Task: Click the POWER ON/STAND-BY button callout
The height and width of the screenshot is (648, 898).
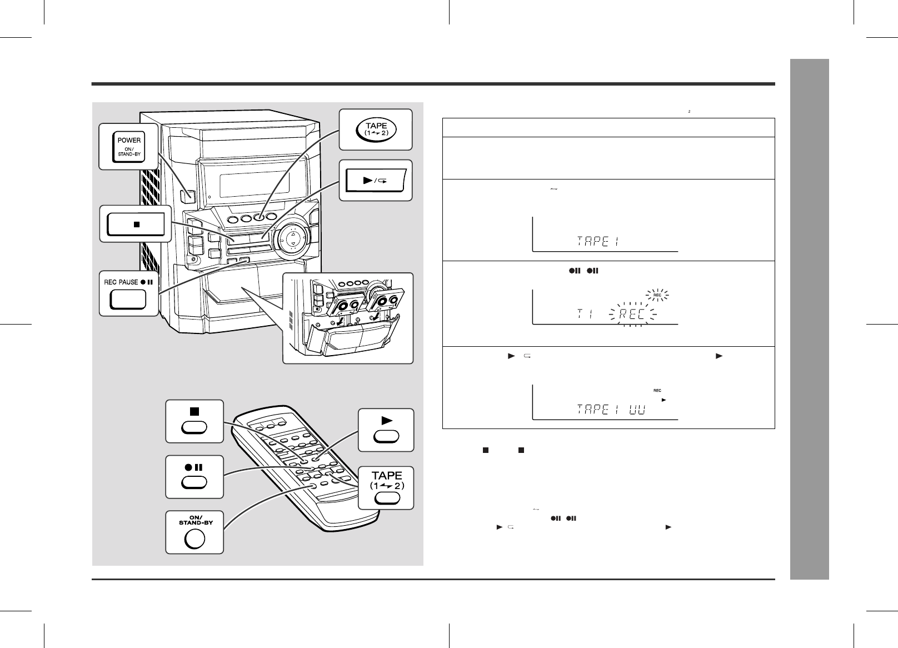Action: pyautogui.click(x=129, y=147)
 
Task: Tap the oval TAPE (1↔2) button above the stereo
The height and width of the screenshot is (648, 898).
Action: pyautogui.click(x=376, y=129)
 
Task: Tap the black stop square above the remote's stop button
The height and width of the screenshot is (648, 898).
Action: pyautogui.click(x=194, y=412)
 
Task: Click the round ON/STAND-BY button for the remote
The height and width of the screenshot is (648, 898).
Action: pyautogui.click(x=194, y=539)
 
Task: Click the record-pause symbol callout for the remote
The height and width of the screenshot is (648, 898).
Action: pyautogui.click(x=194, y=467)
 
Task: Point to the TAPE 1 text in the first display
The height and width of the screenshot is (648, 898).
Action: pyautogui.click(x=598, y=241)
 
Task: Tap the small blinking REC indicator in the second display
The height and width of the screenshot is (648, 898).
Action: pyautogui.click(x=656, y=295)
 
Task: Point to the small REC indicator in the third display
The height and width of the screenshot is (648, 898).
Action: pyautogui.click(x=657, y=390)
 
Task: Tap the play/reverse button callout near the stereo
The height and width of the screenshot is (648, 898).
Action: pyautogui.click(x=376, y=181)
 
